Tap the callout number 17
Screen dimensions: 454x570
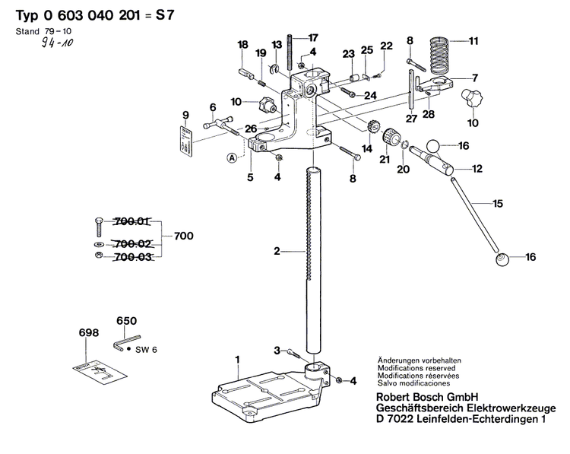click(x=313, y=37)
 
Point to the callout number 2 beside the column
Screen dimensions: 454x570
click(x=277, y=250)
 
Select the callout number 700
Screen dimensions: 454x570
click(x=184, y=236)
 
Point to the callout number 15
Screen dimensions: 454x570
click(x=498, y=203)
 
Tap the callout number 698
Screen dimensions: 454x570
click(x=89, y=332)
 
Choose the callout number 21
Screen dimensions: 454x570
click(x=383, y=159)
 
